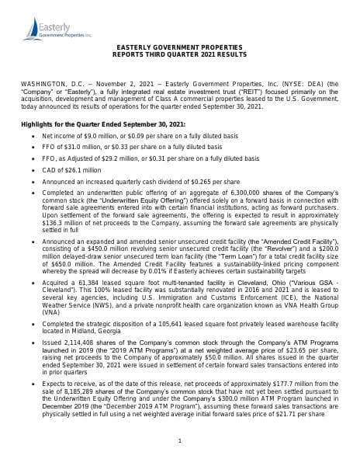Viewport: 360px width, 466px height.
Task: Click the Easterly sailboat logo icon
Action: click(32, 30)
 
